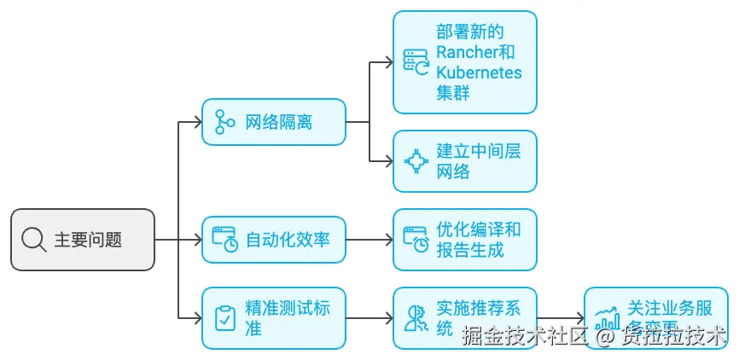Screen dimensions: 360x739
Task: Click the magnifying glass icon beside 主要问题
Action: (x=34, y=240)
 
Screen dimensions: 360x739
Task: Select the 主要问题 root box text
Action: (x=87, y=240)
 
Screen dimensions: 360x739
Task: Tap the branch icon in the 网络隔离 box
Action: (x=225, y=122)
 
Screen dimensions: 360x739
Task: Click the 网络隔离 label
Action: (x=278, y=122)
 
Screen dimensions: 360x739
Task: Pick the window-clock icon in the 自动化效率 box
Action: (x=225, y=239)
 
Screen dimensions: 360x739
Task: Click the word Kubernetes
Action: (x=479, y=72)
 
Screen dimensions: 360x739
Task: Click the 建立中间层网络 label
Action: (x=478, y=160)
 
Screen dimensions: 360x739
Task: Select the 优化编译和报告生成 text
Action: (x=478, y=239)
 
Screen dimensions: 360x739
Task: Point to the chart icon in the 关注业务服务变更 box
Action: (x=608, y=318)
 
